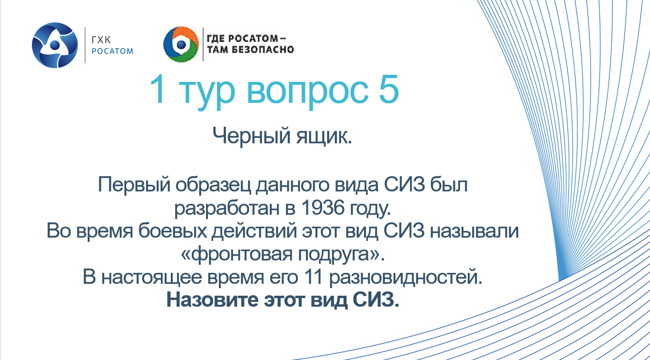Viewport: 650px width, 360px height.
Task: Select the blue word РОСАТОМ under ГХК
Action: (112, 51)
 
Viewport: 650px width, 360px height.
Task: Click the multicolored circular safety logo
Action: (180, 45)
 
